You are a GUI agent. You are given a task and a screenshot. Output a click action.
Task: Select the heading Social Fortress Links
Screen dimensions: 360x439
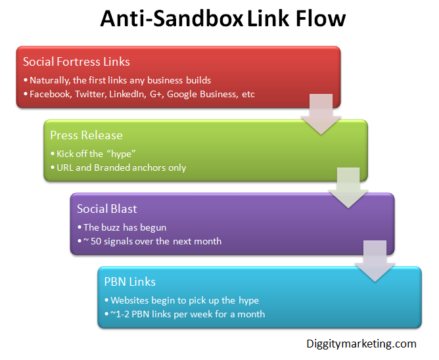[76, 62]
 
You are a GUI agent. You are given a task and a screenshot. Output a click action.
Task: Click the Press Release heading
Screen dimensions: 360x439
[86, 135]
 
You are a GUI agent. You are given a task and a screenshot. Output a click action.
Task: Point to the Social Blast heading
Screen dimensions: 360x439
[106, 209]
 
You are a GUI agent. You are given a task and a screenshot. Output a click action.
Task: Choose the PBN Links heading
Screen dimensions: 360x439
[129, 282]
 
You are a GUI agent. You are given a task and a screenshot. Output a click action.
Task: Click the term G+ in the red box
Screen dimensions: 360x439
[173, 94]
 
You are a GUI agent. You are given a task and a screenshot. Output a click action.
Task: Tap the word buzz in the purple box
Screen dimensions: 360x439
[114, 227]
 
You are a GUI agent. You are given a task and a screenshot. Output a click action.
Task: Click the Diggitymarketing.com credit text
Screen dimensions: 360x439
[361, 344]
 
